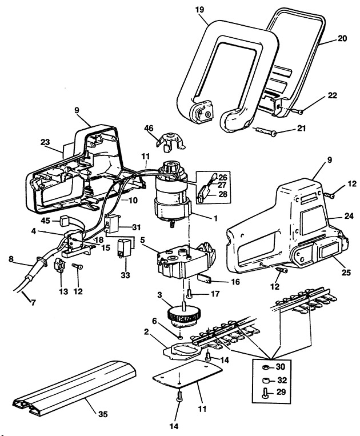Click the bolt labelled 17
click(x=189, y=294)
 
